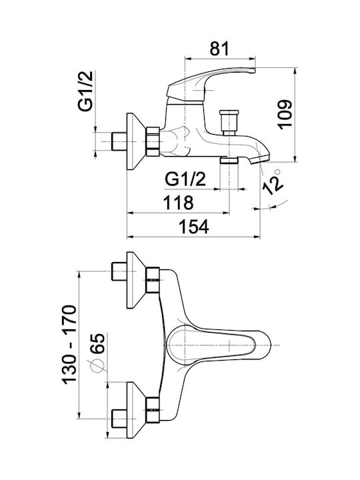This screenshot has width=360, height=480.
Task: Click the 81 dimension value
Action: [x=219, y=48]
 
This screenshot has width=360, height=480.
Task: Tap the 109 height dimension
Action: [x=285, y=115]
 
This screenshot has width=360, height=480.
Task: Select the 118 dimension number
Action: [x=179, y=202]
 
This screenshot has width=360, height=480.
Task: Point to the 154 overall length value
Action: [x=194, y=227]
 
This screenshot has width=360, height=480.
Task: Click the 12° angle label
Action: [x=273, y=182]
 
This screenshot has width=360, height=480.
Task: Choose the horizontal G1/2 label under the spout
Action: [x=185, y=179]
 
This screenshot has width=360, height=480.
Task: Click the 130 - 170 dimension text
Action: [x=69, y=345]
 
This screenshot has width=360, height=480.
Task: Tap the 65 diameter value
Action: [x=97, y=344]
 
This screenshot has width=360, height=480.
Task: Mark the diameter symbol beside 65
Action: [x=97, y=365]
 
